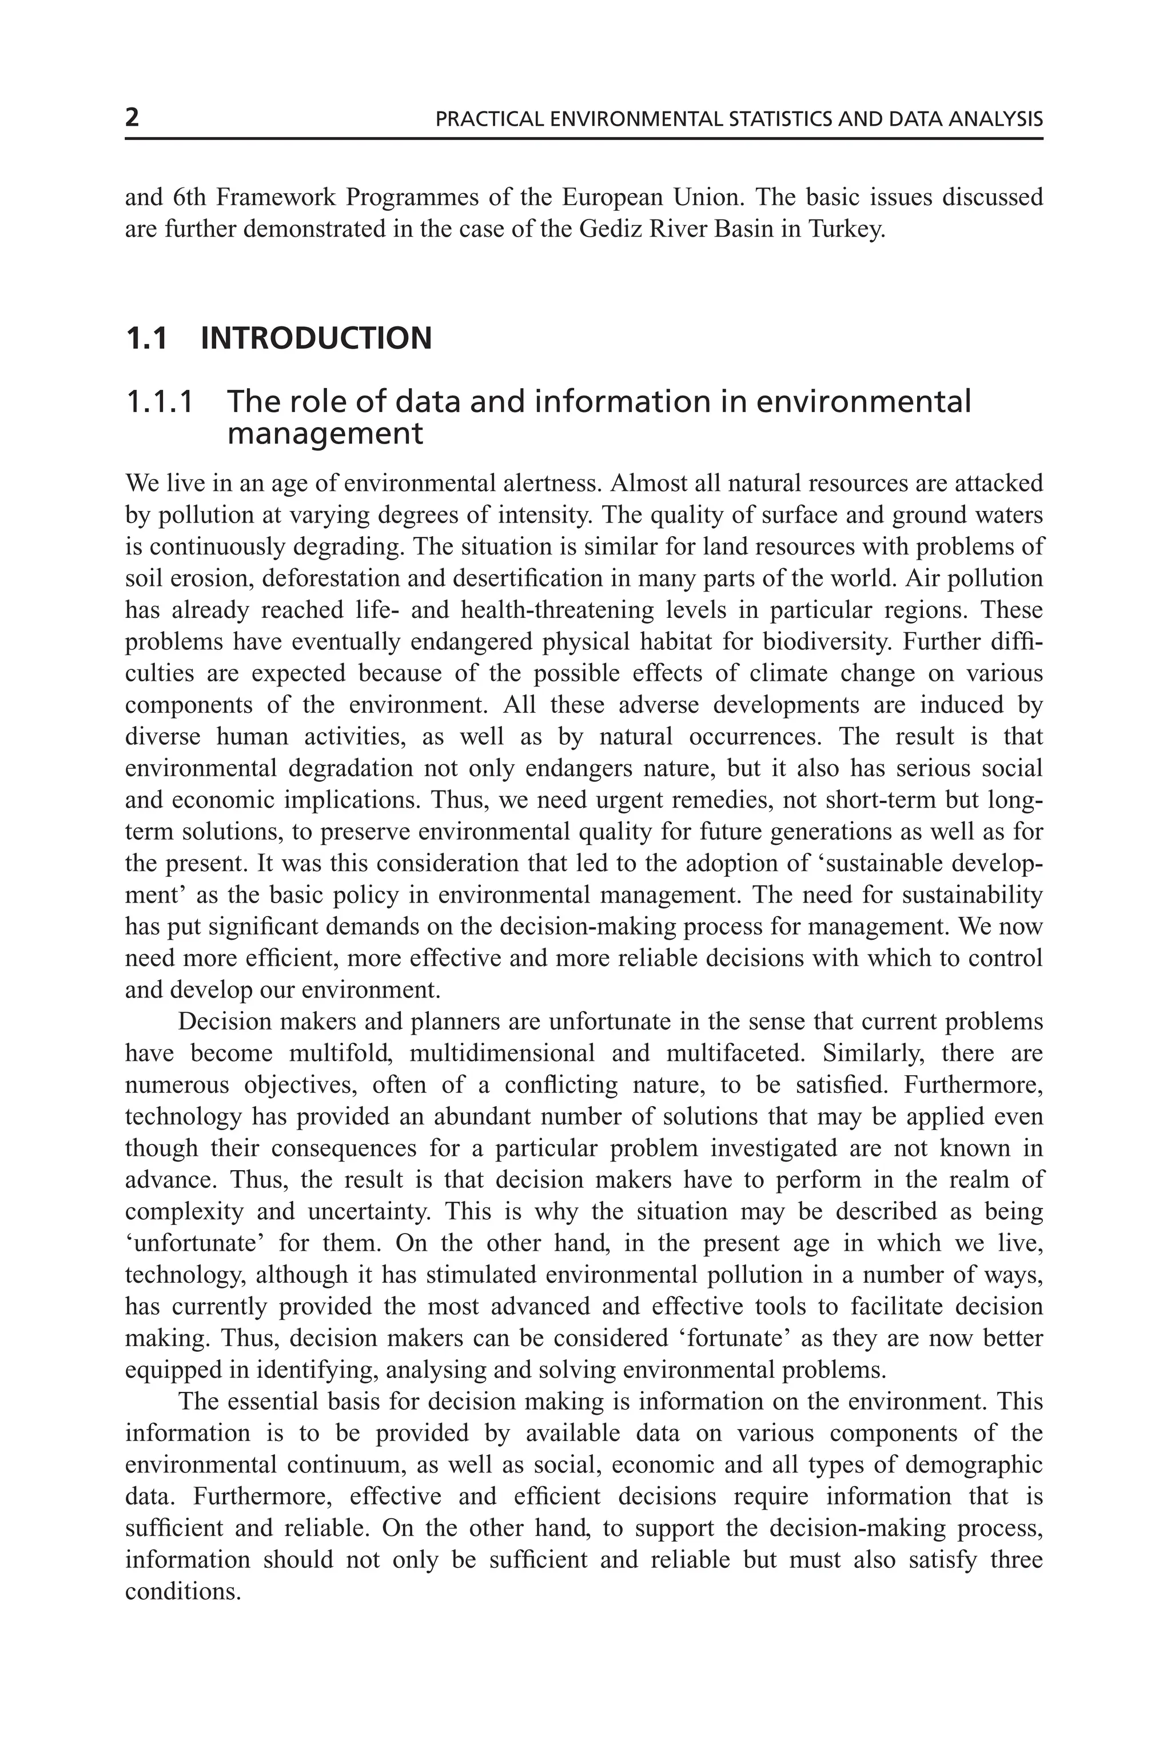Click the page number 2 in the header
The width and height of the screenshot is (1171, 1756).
132,118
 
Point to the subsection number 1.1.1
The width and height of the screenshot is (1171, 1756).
159,402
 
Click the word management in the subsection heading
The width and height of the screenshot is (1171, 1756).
325,434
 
